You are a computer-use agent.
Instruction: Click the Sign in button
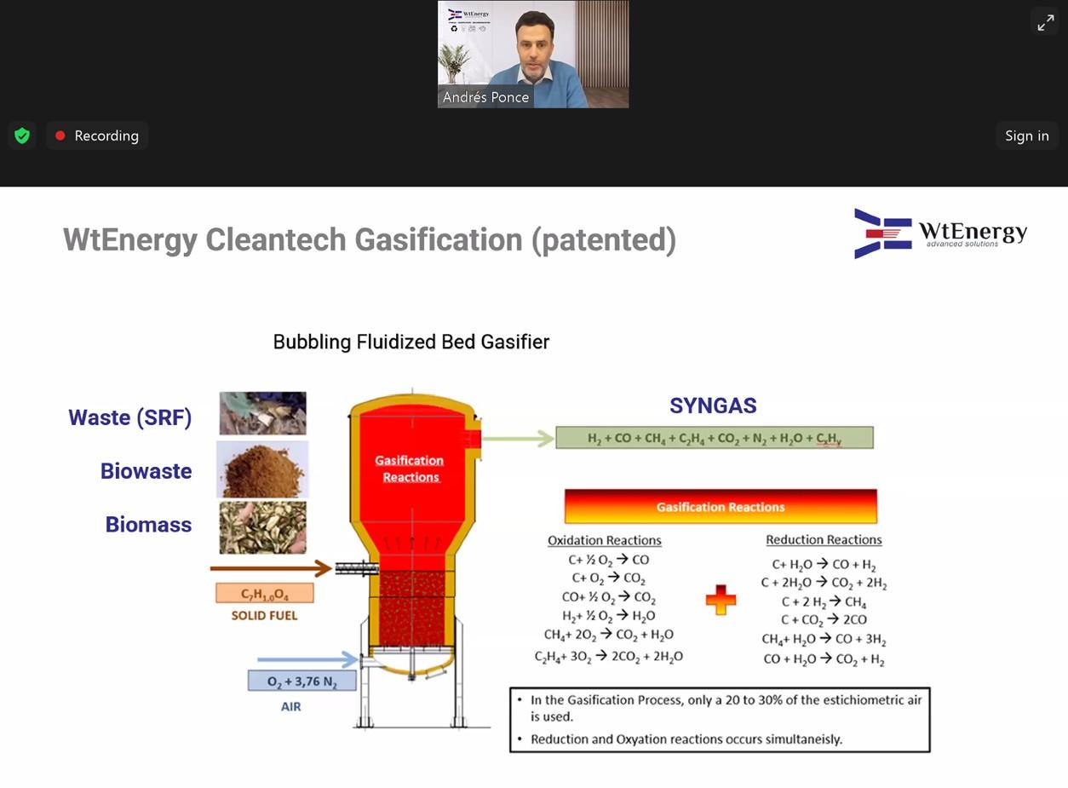point(1026,135)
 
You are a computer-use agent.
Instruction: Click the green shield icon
point(23,135)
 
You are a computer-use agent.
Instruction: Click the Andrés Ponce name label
point(485,97)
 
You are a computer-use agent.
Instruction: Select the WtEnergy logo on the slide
point(940,233)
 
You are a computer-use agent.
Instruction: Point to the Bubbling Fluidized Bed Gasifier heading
point(411,342)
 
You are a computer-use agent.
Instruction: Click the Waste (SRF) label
point(130,417)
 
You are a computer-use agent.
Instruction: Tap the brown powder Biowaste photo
point(262,469)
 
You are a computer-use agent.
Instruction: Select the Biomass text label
point(148,525)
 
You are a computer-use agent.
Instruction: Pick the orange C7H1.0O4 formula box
point(265,594)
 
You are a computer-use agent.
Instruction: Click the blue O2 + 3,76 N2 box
point(301,682)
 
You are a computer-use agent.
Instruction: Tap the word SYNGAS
point(713,406)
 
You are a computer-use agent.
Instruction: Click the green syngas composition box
point(714,438)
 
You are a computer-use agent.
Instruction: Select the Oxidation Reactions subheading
point(604,540)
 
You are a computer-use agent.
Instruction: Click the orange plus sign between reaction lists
point(721,600)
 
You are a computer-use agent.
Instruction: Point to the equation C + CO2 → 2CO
point(824,620)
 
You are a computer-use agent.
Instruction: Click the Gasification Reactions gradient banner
point(720,507)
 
